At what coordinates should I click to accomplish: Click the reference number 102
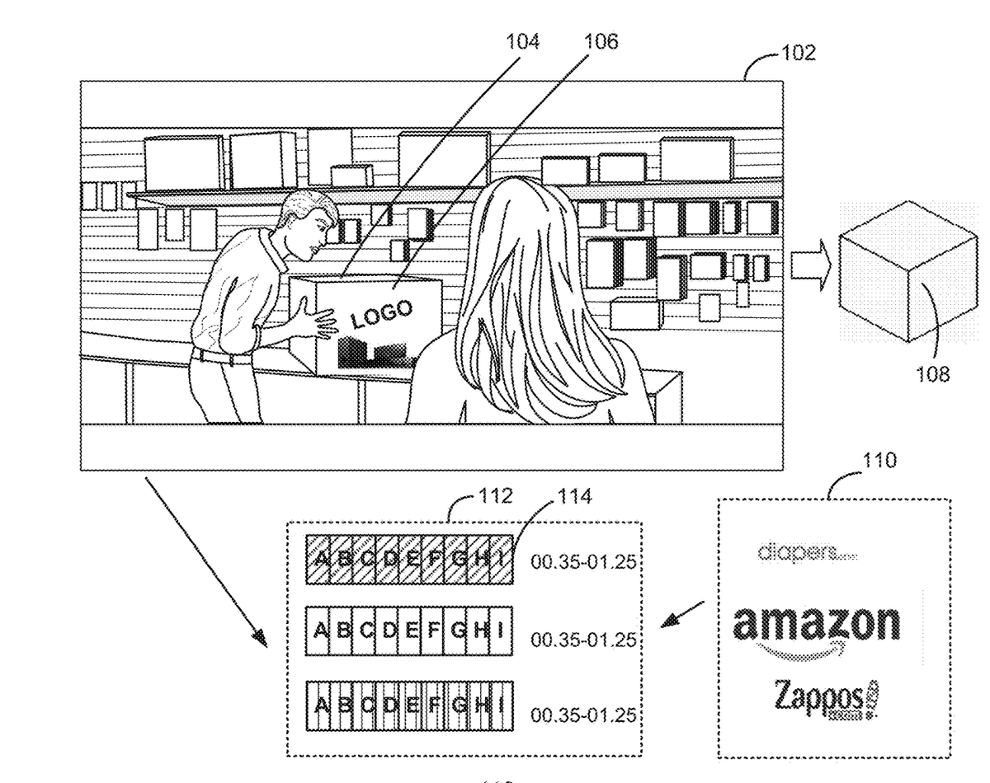[x=799, y=54]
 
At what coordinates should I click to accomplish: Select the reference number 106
[x=601, y=41]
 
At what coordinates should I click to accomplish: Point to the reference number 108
[x=932, y=375]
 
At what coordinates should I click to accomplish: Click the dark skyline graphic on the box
[x=373, y=353]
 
